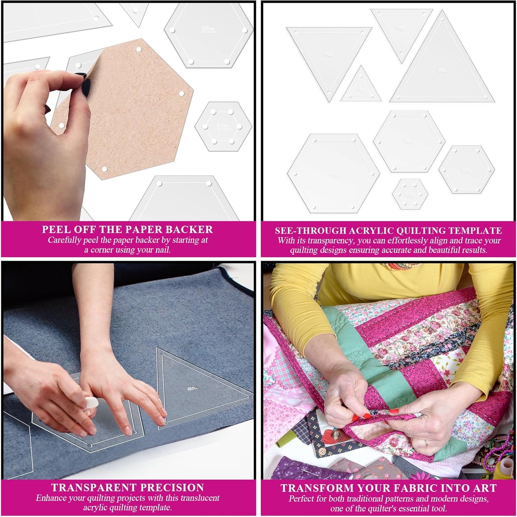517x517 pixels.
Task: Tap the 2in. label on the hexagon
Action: click(209, 30)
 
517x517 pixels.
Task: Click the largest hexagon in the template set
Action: click(333, 174)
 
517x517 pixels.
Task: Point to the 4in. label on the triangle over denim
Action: click(192, 388)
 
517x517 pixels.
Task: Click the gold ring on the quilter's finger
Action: click(426, 443)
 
